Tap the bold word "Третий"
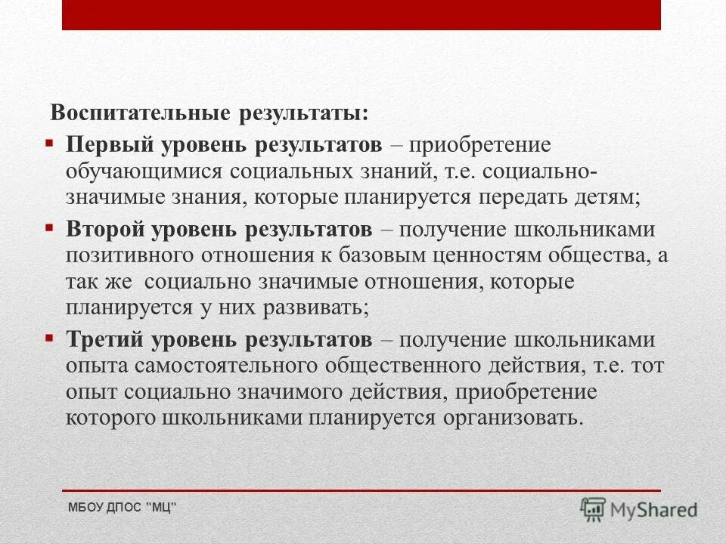tap(102, 339)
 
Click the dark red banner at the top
tap(361, 14)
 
